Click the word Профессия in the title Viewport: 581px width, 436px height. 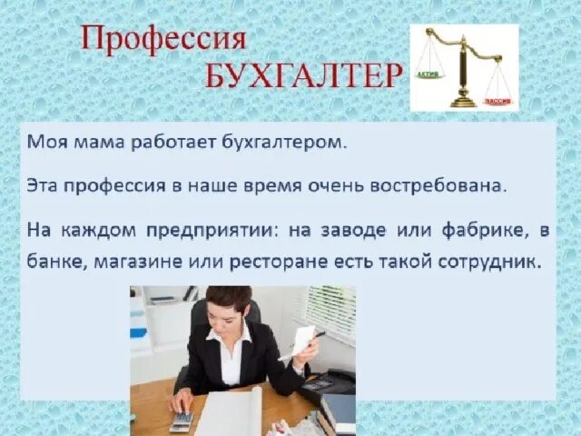(x=162, y=41)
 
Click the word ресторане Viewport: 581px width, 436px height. (x=342, y=262)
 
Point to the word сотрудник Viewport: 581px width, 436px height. (x=497, y=262)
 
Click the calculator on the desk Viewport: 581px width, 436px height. (x=182, y=420)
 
